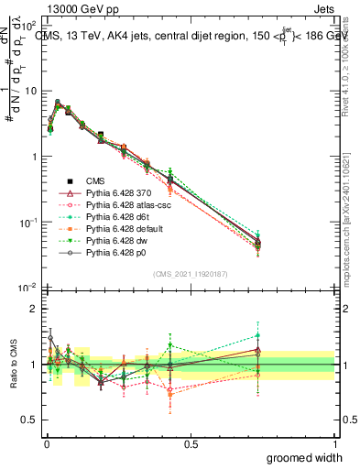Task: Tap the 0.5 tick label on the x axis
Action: [191, 444]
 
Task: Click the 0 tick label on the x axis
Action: [46, 444]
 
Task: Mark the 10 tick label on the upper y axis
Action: [27, 91]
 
